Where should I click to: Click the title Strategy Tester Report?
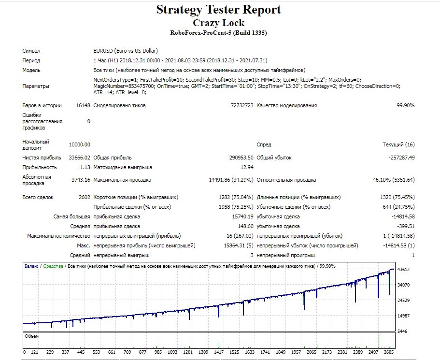tap(218, 10)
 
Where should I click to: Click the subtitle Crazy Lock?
tap(219, 23)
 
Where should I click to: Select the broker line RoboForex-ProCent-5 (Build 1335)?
tap(218, 33)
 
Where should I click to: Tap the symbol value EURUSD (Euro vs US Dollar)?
tap(126, 51)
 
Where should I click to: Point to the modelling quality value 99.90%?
tap(406, 106)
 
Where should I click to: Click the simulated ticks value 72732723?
tap(242, 106)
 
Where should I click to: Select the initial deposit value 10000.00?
tap(80, 144)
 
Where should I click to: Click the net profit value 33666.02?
tap(80, 158)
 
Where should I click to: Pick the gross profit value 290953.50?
tap(241, 158)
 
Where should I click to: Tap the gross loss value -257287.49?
tap(401, 158)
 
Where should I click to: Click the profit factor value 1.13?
tap(85, 167)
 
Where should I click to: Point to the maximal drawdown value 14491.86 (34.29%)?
tap(231, 180)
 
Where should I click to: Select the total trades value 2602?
tap(85, 198)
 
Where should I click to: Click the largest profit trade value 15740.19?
tap(243, 217)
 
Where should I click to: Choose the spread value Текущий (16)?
tap(398, 144)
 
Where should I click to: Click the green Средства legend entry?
tap(53, 266)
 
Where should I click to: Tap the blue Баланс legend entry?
tap(31, 266)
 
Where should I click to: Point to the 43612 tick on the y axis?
tap(403, 270)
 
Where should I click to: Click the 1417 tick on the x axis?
tap(219, 352)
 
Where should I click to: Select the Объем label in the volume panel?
tap(32, 336)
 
